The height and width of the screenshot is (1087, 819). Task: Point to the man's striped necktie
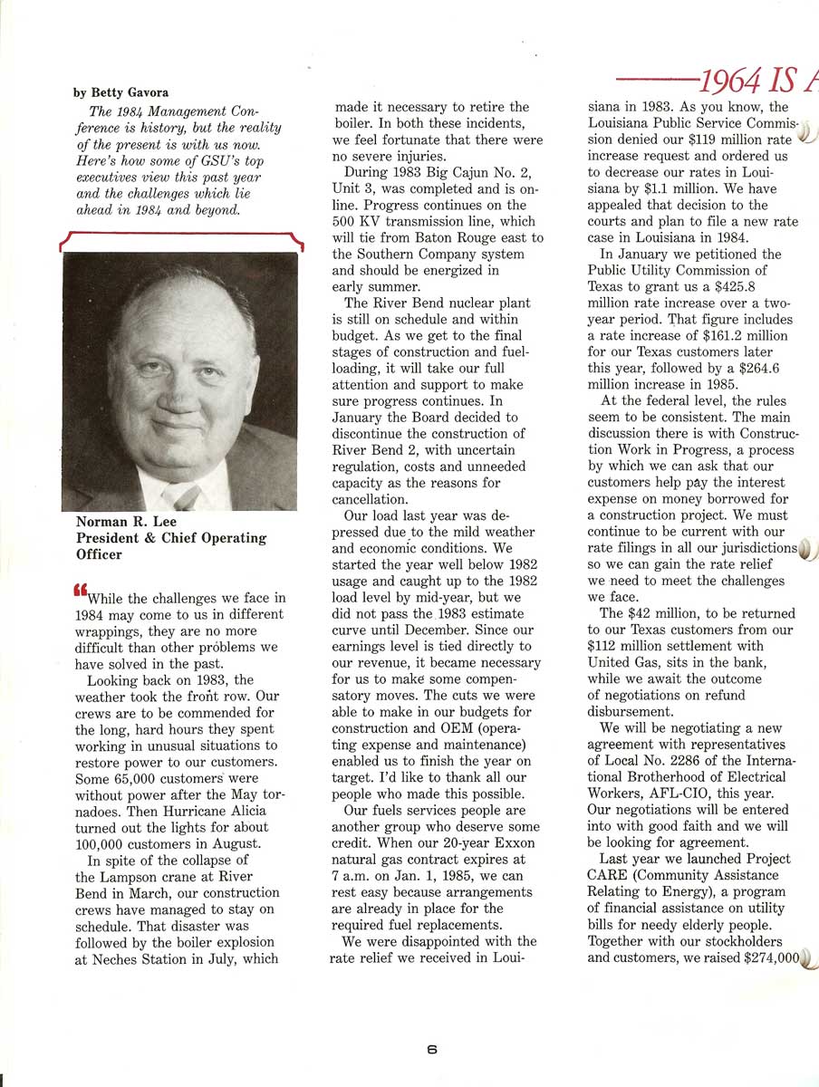[186, 497]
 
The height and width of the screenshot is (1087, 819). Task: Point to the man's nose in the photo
[184, 388]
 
